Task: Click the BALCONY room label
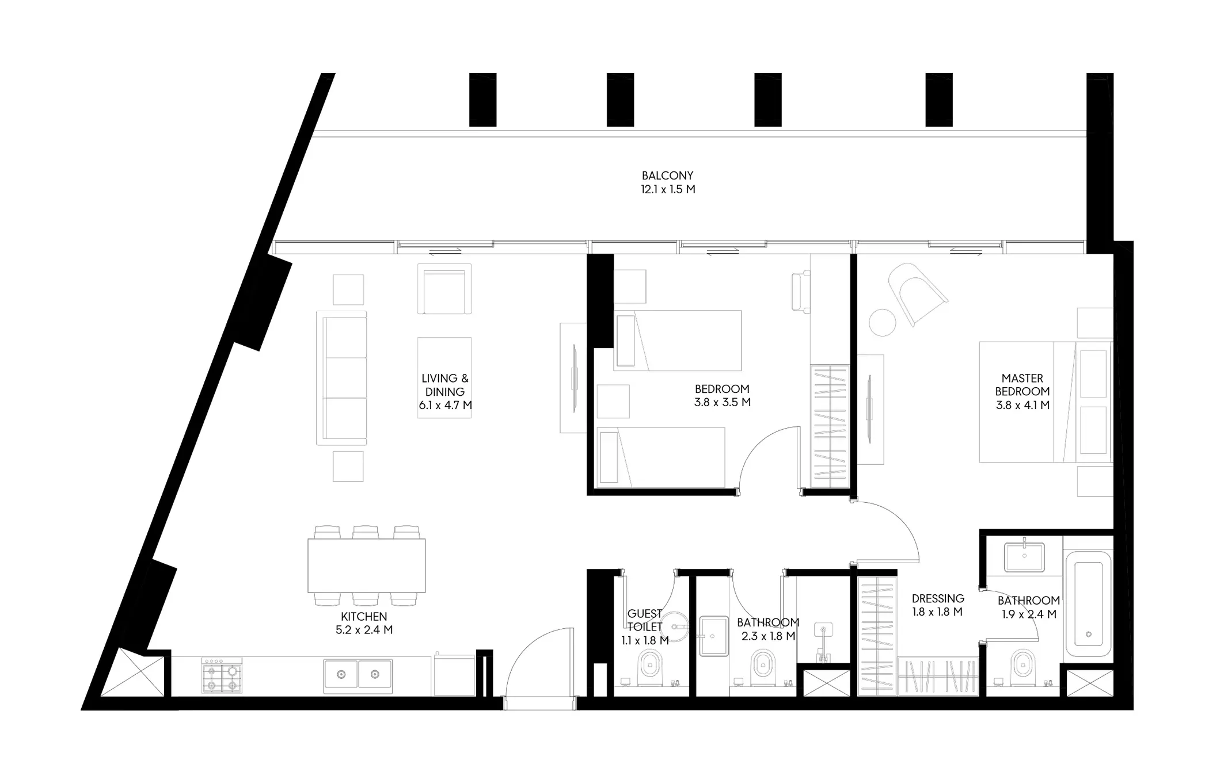pos(667,175)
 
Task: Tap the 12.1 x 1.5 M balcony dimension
pos(668,189)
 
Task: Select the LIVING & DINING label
pos(445,385)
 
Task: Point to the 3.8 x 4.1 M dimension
pos(1022,405)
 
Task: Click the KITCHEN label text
pos(364,617)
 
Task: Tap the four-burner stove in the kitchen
pos(222,675)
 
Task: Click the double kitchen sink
pos(358,674)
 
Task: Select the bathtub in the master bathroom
pos(1088,604)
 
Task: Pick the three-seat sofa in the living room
pos(341,378)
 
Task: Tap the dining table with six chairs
pos(366,566)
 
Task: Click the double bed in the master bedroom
pos(1045,403)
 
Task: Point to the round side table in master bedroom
pos(883,322)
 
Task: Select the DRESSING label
pos(938,598)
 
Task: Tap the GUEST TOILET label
pos(645,620)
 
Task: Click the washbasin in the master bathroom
pos(1025,557)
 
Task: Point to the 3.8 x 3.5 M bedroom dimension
pos(723,403)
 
